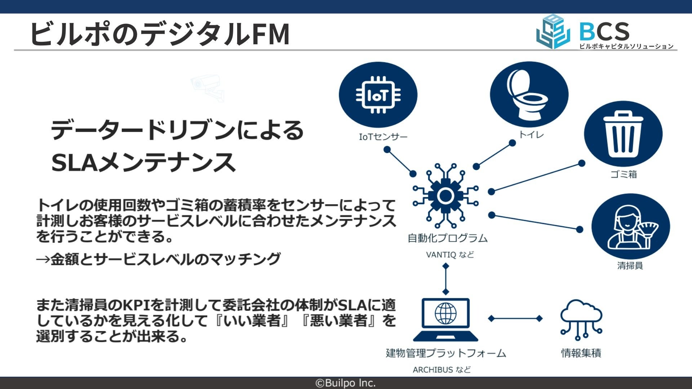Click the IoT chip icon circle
click(378, 95)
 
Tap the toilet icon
click(529, 94)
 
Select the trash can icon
click(623, 134)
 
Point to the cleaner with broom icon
click(630, 226)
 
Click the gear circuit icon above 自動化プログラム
click(445, 196)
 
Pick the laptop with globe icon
click(445, 319)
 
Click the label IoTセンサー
click(383, 137)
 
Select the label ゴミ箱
click(624, 174)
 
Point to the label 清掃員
click(630, 266)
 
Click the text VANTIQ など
click(450, 255)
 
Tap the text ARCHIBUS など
click(442, 370)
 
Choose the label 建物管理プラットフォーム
click(446, 353)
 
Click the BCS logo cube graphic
click(553, 32)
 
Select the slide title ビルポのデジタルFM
click(160, 33)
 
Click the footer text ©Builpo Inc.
click(346, 383)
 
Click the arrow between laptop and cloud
click(515, 318)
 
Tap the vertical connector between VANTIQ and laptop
click(446, 279)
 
